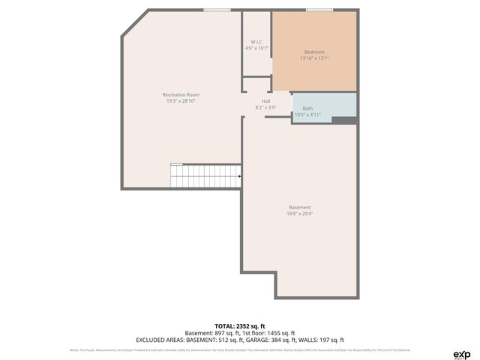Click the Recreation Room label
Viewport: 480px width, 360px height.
(x=181, y=94)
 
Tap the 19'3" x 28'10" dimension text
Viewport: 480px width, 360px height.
(x=181, y=101)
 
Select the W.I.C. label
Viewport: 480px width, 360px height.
(x=256, y=41)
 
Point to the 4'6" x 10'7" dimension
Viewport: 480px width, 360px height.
(x=256, y=48)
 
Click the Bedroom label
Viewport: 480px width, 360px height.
(x=313, y=52)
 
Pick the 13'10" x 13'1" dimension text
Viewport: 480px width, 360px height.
(x=313, y=58)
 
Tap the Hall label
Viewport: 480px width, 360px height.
(x=265, y=101)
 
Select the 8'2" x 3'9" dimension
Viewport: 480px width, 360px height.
(x=265, y=108)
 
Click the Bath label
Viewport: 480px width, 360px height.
(x=307, y=108)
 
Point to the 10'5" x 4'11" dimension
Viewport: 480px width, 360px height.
(x=307, y=115)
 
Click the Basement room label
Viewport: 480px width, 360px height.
(x=299, y=207)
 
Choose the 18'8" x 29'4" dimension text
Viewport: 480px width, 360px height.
(x=299, y=214)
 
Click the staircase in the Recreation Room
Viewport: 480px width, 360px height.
(x=205, y=177)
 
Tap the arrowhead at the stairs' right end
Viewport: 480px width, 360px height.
(x=238, y=177)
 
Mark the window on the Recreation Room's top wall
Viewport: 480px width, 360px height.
(x=217, y=10)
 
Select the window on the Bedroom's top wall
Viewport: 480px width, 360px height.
(x=319, y=10)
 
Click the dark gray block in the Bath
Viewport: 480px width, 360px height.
(x=343, y=120)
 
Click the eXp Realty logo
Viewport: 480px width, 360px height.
(x=460, y=354)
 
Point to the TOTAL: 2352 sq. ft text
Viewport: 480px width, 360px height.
(x=240, y=326)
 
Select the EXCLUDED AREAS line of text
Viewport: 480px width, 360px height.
(x=240, y=340)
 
